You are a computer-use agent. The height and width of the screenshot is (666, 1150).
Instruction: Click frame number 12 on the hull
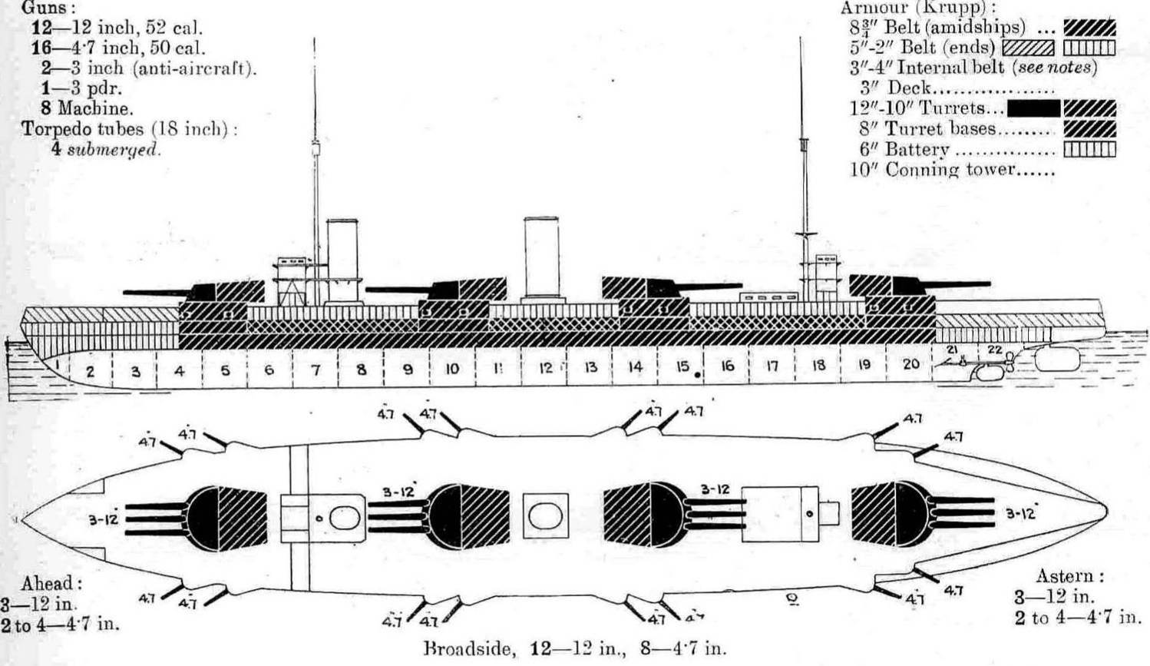pyautogui.click(x=545, y=368)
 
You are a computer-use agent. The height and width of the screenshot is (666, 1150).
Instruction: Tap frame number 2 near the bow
pyautogui.click(x=90, y=372)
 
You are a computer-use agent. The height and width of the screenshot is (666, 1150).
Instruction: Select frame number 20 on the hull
pyautogui.click(x=910, y=364)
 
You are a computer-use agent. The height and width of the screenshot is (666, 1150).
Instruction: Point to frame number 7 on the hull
pyautogui.click(x=316, y=370)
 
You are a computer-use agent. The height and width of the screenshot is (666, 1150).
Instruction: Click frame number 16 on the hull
pyautogui.click(x=726, y=366)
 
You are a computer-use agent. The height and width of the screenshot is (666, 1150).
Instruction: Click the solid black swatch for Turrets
pyautogui.click(x=1033, y=108)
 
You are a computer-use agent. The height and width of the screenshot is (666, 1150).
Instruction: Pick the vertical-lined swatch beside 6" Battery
pyautogui.click(x=1089, y=149)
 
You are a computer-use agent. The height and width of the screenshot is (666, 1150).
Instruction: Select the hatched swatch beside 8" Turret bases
pyautogui.click(x=1089, y=129)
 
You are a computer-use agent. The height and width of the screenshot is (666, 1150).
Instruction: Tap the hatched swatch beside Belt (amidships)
pyautogui.click(x=1089, y=28)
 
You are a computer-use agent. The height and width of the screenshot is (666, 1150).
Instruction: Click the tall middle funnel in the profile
pyautogui.click(x=540, y=258)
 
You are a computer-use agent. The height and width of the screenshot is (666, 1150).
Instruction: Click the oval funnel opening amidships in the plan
pyautogui.click(x=545, y=515)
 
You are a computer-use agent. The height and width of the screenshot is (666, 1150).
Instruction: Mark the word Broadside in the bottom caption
pyautogui.click(x=468, y=648)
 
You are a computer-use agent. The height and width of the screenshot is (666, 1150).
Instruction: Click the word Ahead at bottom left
pyautogui.click(x=51, y=583)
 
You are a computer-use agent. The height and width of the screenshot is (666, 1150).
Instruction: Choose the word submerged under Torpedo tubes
pyautogui.click(x=114, y=149)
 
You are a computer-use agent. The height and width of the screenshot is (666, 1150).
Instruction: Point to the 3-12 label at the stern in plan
pyautogui.click(x=1020, y=512)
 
